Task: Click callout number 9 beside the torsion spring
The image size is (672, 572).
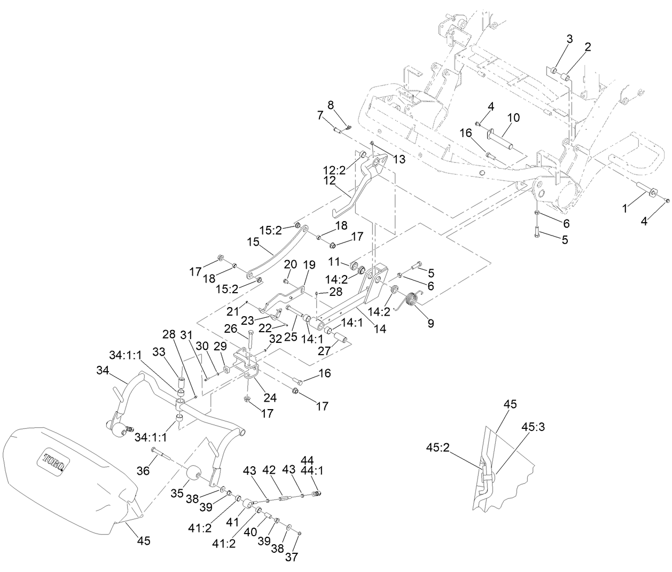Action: pos(431,323)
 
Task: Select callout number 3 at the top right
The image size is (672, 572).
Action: pos(569,39)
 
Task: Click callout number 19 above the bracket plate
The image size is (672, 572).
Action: pos(309,265)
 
